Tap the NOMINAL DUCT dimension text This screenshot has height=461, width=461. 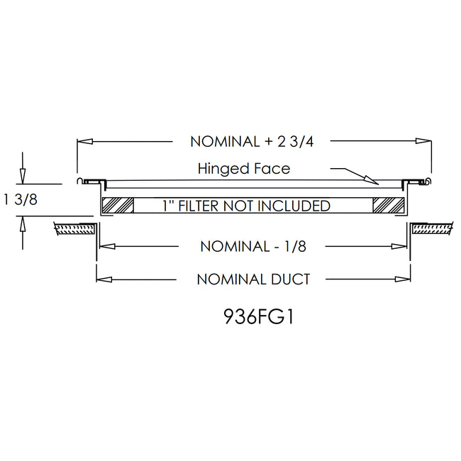coord(253,279)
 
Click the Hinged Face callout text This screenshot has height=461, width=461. coord(245,169)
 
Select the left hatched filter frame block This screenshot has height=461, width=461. coord(118,206)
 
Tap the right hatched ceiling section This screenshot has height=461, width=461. coord(432,228)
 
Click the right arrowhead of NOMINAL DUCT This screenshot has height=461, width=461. coord(404,279)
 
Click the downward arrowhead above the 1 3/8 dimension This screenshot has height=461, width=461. coord(23,174)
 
